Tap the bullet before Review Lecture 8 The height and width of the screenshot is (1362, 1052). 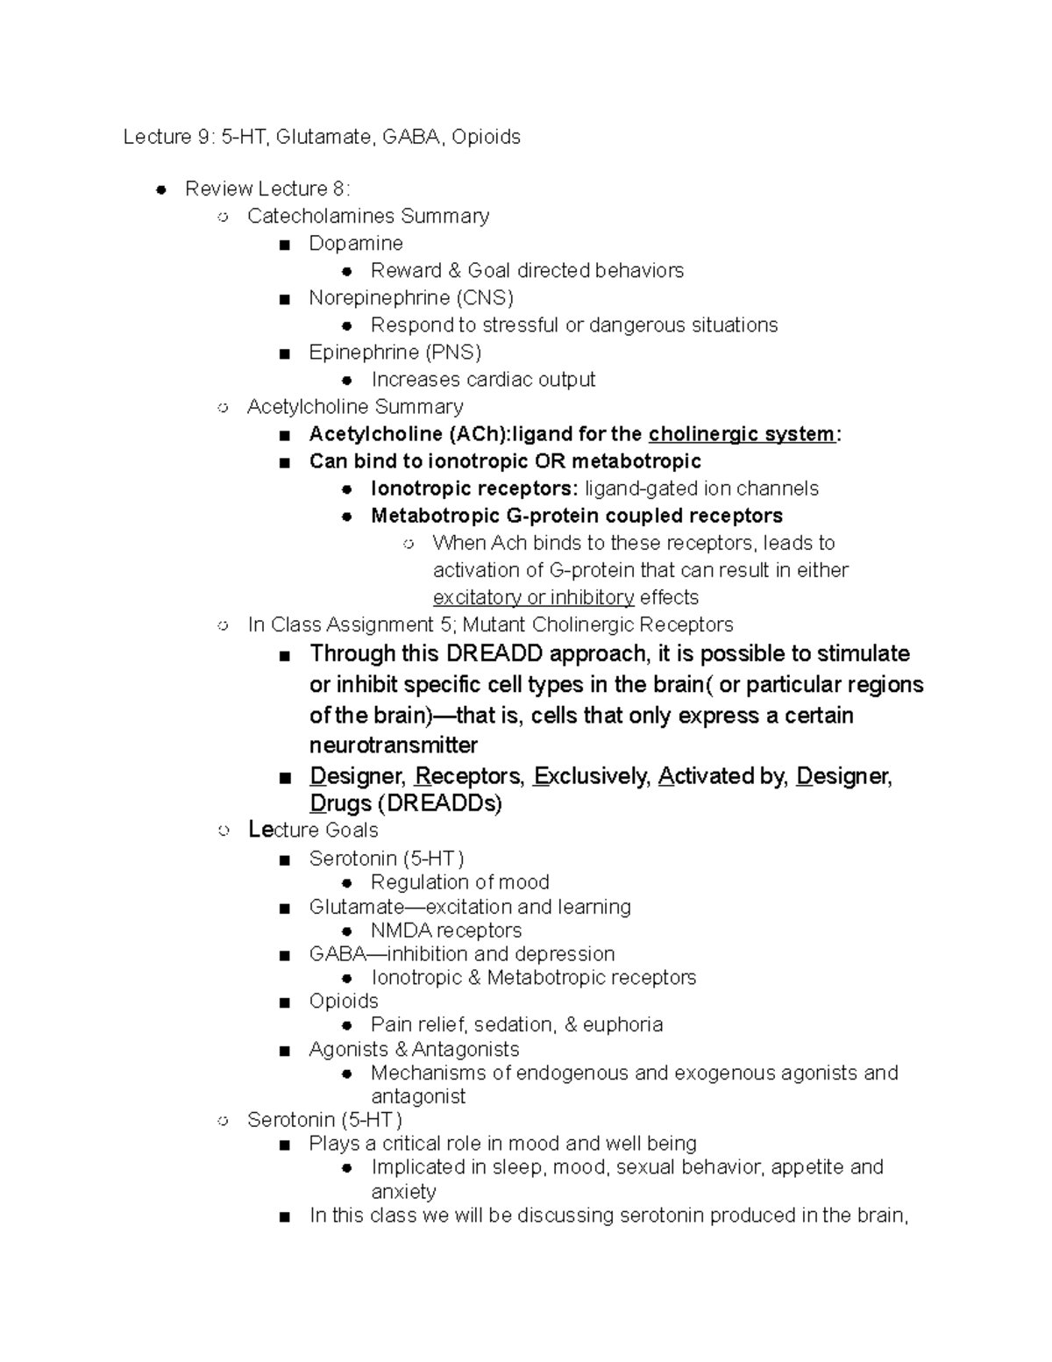pyautogui.click(x=160, y=189)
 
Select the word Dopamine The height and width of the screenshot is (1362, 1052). pyautogui.click(x=355, y=243)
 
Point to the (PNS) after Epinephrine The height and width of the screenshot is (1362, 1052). pyautogui.click(x=453, y=352)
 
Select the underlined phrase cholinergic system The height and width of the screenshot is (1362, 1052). pyautogui.click(x=741, y=434)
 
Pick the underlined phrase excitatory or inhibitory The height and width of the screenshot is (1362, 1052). pyautogui.click(x=533, y=597)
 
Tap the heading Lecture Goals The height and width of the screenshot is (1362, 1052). pyautogui.click(x=313, y=830)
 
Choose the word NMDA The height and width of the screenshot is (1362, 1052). pyautogui.click(x=401, y=930)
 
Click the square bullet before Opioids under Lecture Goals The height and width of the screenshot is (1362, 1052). pyautogui.click(x=283, y=1002)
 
